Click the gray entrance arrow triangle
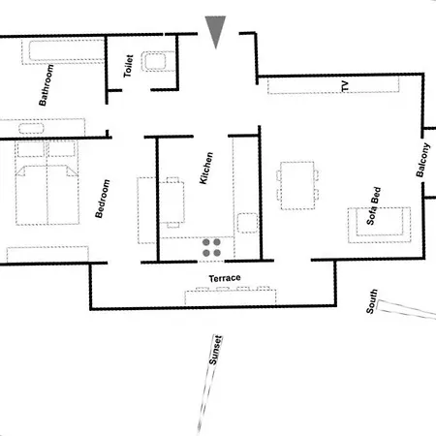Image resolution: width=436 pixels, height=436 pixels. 215,29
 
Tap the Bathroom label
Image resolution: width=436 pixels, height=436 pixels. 47,85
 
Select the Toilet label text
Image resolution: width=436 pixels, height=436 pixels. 128,66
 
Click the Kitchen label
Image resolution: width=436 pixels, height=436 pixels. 206,168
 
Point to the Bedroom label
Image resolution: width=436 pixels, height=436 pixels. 103,199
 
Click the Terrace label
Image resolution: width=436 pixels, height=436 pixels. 225,278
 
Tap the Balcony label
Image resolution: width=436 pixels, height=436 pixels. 423,160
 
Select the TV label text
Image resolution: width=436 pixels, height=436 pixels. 345,86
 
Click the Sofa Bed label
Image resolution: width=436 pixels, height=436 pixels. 374,206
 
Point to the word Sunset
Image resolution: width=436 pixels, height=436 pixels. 215,350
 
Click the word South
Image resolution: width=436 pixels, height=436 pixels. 372,301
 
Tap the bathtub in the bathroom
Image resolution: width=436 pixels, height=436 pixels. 67,50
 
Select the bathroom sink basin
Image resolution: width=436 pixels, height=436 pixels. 31,128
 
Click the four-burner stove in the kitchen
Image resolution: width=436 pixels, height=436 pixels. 211,247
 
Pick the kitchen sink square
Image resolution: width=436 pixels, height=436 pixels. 248,223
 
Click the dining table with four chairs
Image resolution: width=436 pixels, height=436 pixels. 297,185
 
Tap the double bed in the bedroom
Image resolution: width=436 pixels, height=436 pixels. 47,182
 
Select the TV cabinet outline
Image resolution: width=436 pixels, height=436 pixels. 333,85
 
